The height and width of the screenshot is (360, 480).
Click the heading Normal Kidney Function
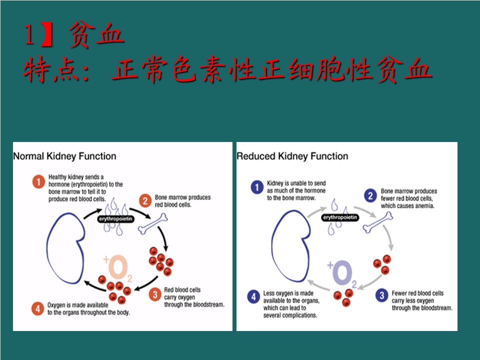(x=64, y=156)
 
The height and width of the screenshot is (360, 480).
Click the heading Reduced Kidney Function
(x=292, y=156)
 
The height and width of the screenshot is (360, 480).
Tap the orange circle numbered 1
(x=38, y=182)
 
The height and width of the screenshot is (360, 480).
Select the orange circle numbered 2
(x=145, y=201)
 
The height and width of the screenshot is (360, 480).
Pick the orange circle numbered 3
(x=155, y=294)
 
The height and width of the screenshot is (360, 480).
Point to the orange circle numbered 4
(x=37, y=308)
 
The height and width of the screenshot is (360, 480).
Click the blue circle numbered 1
(x=257, y=187)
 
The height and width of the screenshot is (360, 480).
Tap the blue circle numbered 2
(x=370, y=195)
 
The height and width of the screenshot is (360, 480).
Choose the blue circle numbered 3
(x=381, y=295)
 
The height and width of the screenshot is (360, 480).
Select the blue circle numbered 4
(x=253, y=296)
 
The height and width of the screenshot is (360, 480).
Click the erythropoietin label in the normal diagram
(x=115, y=219)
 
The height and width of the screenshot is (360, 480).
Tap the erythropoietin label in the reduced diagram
(x=340, y=217)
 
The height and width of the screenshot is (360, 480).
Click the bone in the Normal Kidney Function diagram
(x=153, y=224)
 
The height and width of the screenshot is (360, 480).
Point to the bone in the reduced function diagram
(x=378, y=222)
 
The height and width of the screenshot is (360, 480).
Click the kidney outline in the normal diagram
(x=47, y=248)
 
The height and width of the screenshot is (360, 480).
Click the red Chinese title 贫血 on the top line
(x=96, y=34)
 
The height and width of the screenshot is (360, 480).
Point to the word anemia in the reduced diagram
(x=424, y=206)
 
